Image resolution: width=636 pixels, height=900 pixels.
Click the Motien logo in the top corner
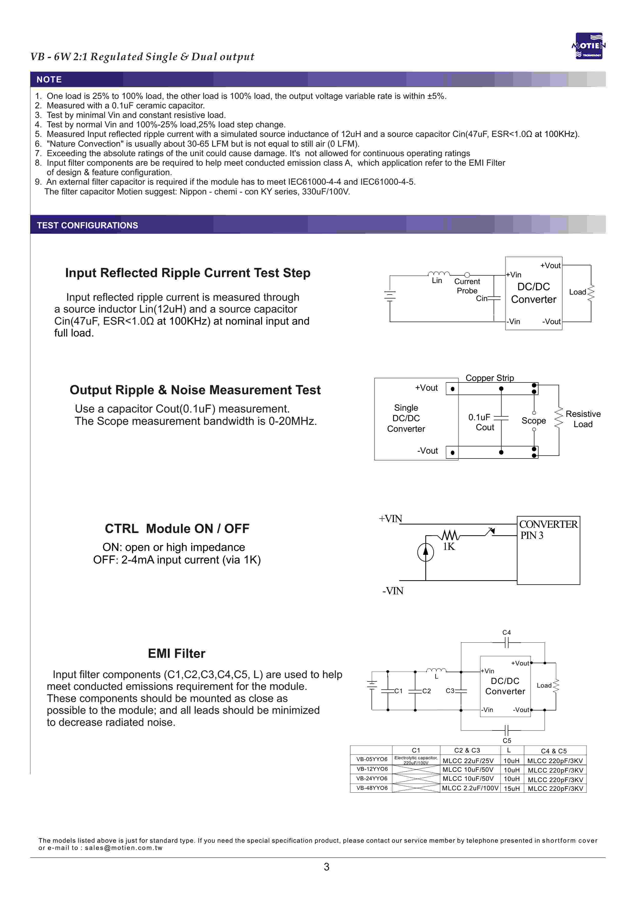(x=588, y=46)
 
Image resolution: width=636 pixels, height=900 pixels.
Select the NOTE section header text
(x=49, y=80)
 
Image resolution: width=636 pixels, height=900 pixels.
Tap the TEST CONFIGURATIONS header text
(x=87, y=226)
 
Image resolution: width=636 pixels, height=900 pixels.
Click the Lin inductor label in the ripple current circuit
(x=437, y=281)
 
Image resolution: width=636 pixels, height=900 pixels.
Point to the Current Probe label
(x=467, y=286)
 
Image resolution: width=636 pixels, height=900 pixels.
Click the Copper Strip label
(x=490, y=378)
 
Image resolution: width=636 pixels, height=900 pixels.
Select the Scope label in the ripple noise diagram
(x=533, y=421)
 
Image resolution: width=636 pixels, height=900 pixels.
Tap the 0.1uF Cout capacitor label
(x=481, y=422)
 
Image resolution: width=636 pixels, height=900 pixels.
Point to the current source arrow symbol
(x=426, y=552)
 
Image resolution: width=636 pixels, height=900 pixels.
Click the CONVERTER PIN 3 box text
(x=548, y=530)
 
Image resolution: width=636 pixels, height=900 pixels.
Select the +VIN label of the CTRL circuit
(x=390, y=519)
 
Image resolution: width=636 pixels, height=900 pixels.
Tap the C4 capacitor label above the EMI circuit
(x=506, y=632)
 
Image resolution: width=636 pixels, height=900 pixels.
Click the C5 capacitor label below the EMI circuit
(x=507, y=740)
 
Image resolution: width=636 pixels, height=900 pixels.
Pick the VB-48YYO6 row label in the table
(x=372, y=788)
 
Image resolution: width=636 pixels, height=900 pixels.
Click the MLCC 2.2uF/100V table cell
(x=470, y=788)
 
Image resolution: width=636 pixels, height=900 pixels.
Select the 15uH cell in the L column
(x=512, y=788)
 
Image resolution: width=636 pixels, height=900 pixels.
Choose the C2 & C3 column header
(x=467, y=750)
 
